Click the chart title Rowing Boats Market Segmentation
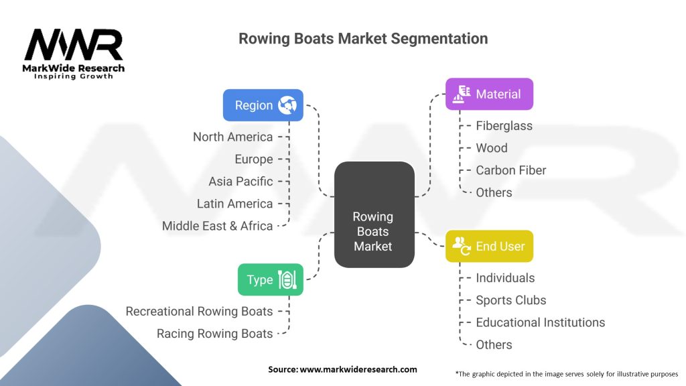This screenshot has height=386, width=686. coord(363,38)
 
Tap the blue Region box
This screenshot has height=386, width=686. coord(263,105)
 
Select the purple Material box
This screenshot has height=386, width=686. coord(489,94)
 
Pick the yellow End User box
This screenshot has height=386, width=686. coord(489,247)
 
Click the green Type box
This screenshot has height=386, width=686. coord(270,279)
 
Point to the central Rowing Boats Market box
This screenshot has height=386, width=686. coord(373,231)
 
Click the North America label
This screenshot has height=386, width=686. coord(232,137)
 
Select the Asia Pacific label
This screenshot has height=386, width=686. coord(240,181)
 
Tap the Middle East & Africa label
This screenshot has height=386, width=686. coord(217,226)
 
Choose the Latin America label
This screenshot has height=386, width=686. coord(234,204)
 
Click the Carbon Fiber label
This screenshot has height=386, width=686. coord(510,170)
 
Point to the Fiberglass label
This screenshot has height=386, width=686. coord(504,125)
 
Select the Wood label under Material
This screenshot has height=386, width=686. coord(491,148)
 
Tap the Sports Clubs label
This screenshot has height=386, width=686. coord(510,300)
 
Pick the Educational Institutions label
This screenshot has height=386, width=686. coord(540,322)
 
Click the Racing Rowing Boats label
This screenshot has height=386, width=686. coord(214,333)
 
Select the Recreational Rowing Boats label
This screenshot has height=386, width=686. coord(199,311)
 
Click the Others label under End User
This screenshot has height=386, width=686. coord(494,344)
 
